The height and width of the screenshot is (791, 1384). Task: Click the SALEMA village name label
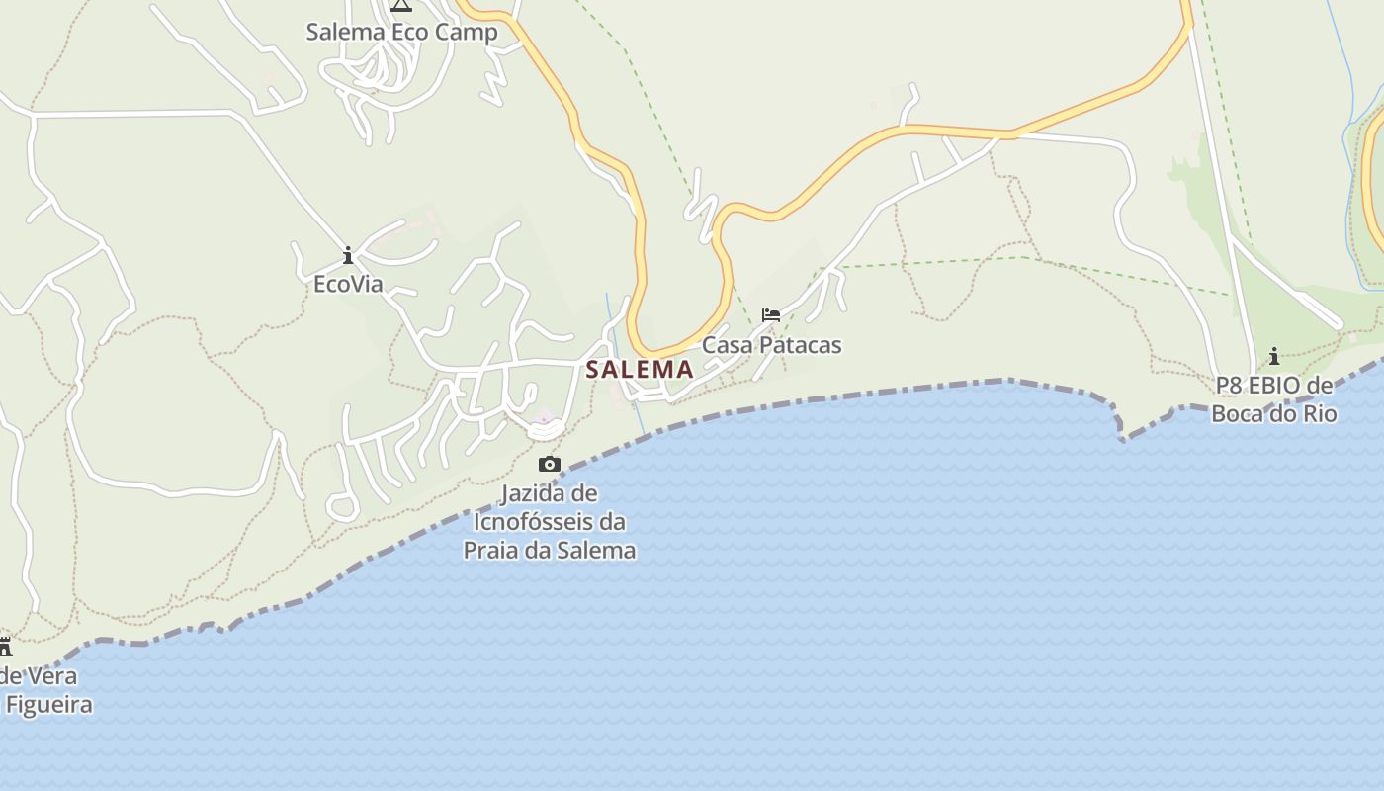tap(640, 370)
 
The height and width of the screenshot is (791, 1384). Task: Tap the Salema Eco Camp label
tap(401, 32)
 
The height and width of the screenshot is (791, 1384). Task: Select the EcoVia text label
tap(348, 285)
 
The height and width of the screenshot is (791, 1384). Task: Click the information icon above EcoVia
tap(348, 256)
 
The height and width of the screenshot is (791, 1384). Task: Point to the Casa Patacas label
tap(771, 345)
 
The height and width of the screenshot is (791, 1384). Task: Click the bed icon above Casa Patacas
tap(771, 315)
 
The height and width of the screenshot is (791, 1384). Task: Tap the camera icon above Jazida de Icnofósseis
tap(550, 464)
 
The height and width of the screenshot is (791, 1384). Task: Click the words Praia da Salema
tap(550, 550)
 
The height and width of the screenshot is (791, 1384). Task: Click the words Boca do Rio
tap(1274, 413)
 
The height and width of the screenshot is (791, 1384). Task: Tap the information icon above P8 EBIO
tap(1274, 356)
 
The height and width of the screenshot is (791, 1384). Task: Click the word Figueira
tap(49, 705)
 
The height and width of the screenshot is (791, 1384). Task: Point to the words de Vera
tap(38, 677)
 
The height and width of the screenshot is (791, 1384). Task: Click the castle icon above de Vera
tap(5, 647)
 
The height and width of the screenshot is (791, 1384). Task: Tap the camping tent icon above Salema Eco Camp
tap(400, 4)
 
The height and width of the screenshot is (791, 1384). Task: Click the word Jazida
tap(535, 492)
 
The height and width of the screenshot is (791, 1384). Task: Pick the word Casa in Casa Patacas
tap(726, 345)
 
